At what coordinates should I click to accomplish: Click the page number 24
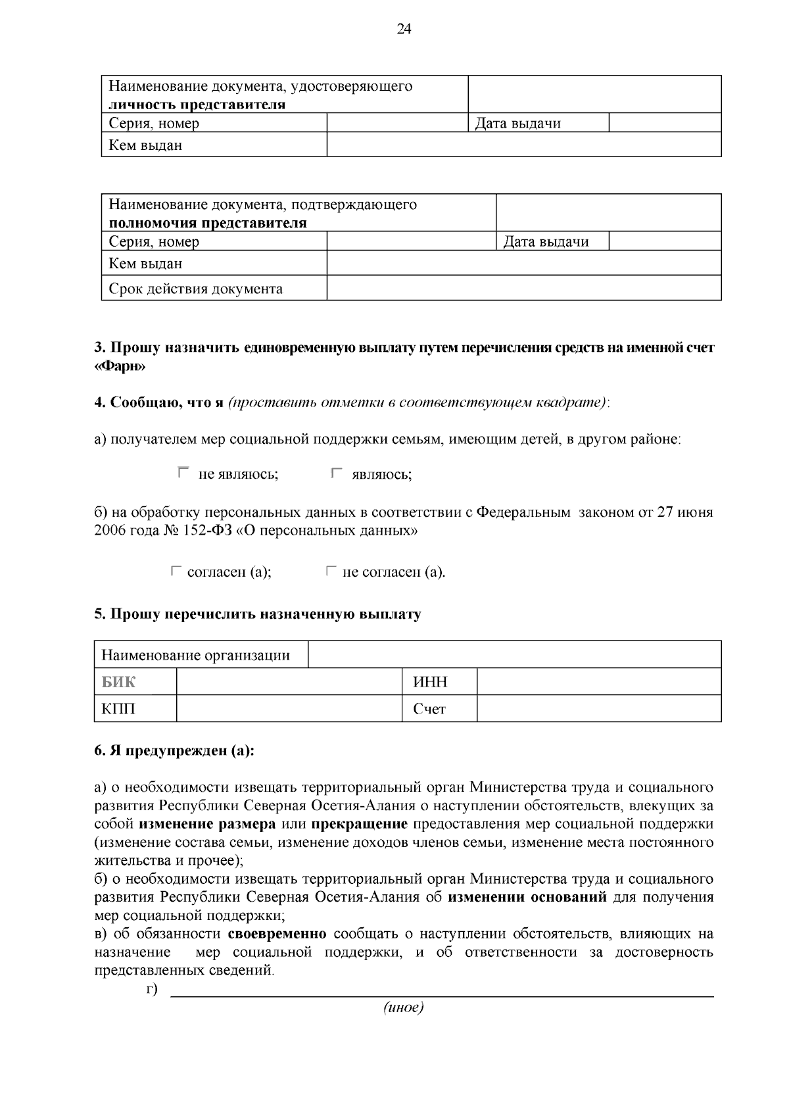tap(404, 30)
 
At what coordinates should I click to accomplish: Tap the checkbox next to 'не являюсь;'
tap(183, 472)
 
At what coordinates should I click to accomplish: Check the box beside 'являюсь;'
tap(337, 472)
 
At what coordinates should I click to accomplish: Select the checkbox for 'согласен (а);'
tap(176, 571)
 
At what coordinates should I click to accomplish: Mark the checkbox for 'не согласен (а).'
tap(331, 571)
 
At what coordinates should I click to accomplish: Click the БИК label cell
tap(135, 682)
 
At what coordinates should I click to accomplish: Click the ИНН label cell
tap(439, 682)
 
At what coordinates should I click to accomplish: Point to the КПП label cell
tap(135, 709)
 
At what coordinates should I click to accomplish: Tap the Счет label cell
tap(439, 709)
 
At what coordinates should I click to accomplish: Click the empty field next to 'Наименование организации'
tap(514, 655)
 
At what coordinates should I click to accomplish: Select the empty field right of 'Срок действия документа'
tap(523, 289)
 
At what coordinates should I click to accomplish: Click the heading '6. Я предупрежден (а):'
tap(174, 751)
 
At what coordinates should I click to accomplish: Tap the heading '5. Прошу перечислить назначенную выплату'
tap(258, 615)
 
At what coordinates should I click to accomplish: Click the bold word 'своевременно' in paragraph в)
tap(277, 934)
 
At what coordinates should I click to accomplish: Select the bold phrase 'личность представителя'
tap(197, 105)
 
